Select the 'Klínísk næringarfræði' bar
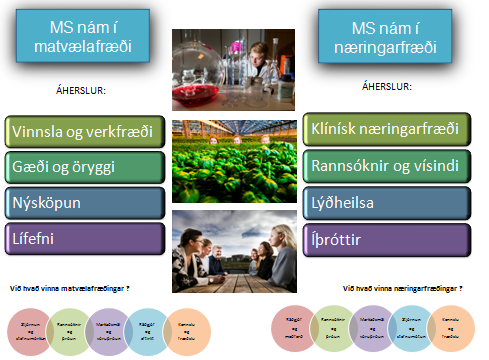point(384,127)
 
